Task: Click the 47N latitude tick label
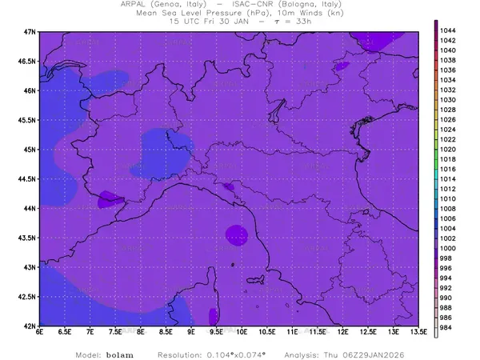click(30, 31)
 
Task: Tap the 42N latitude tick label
click(30, 326)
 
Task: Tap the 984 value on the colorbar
click(447, 328)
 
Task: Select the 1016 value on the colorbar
click(449, 169)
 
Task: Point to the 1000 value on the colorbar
click(449, 249)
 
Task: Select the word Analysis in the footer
click(314, 354)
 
